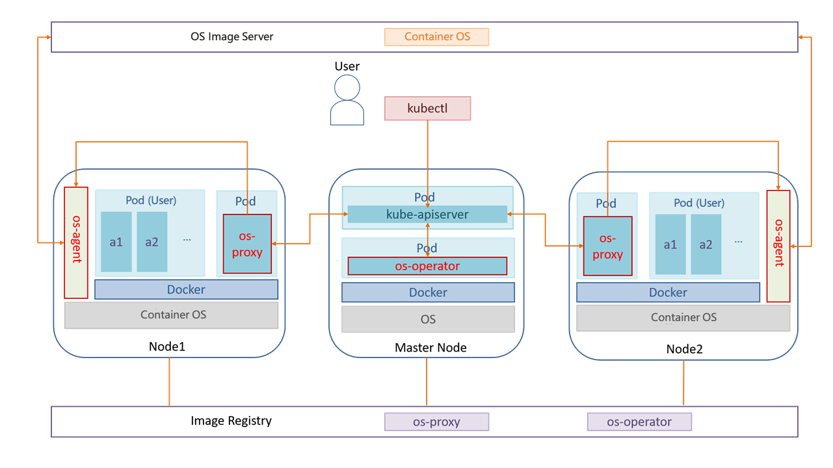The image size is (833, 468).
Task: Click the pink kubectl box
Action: pyautogui.click(x=427, y=109)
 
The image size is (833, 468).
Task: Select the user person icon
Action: pyautogui.click(x=347, y=100)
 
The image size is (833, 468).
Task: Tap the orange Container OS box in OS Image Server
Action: pyautogui.click(x=436, y=37)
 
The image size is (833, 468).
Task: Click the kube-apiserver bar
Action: pyautogui.click(x=427, y=214)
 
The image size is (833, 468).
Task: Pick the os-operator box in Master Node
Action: pyautogui.click(x=427, y=266)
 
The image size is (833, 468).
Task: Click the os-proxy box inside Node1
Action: pyautogui.click(x=247, y=244)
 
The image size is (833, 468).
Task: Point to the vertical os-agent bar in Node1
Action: pyautogui.click(x=76, y=242)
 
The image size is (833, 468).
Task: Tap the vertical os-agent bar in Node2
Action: pyautogui.click(x=778, y=246)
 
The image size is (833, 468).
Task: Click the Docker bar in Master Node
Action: pyautogui.click(x=428, y=292)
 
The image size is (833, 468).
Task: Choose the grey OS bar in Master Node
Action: pyautogui.click(x=428, y=319)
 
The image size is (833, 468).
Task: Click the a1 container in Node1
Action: pyautogui.click(x=116, y=242)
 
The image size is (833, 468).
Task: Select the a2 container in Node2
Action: pyautogui.click(x=706, y=244)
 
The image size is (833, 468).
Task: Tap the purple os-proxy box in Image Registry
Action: pyautogui.click(x=436, y=422)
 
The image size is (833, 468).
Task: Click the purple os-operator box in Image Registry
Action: pyautogui.click(x=639, y=422)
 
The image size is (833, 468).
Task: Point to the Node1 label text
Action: pyautogui.click(x=167, y=346)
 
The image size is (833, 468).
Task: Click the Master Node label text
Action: pyautogui.click(x=430, y=348)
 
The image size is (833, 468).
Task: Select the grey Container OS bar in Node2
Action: pyautogui.click(x=683, y=317)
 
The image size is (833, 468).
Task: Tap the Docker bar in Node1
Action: pyautogui.click(x=186, y=289)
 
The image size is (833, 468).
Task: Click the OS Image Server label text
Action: pyautogui.click(x=231, y=36)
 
